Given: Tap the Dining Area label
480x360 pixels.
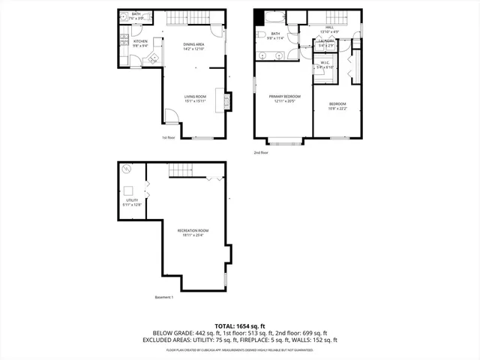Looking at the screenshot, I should (x=193, y=46).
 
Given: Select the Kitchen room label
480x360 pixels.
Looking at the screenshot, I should (x=140, y=43).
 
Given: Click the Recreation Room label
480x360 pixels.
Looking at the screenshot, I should (x=193, y=232).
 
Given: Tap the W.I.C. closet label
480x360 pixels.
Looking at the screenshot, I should (x=325, y=65).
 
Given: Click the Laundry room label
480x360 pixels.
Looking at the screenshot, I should (x=325, y=43).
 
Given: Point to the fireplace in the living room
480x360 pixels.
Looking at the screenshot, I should (x=220, y=99).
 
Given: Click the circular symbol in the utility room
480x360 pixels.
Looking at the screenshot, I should (x=126, y=170).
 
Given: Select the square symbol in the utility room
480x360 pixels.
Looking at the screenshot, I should (x=128, y=190).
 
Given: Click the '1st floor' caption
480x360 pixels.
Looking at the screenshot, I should (x=168, y=137).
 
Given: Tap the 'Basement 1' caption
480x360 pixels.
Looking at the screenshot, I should (x=163, y=298).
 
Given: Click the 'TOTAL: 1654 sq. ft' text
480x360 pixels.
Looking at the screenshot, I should (x=239, y=325).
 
